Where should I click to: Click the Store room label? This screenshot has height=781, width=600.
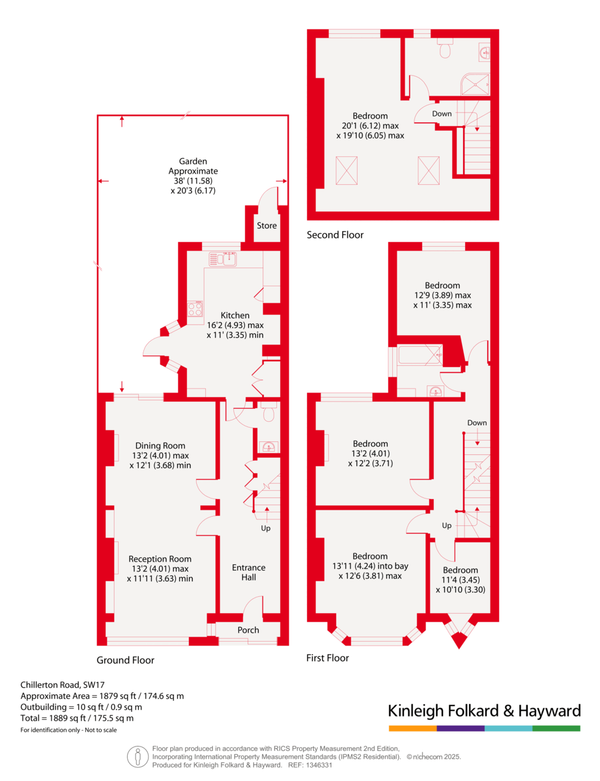pyautogui.click(x=266, y=226)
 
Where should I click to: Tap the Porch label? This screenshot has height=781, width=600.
pyautogui.click(x=248, y=630)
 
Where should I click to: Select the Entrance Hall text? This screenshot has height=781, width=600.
pyautogui.click(x=249, y=572)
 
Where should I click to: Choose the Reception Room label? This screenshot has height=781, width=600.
pyautogui.click(x=160, y=558)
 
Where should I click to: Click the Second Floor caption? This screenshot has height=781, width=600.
pyautogui.click(x=335, y=235)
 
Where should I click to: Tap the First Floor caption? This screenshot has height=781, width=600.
pyautogui.click(x=327, y=658)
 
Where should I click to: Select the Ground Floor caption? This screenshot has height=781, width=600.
pyautogui.click(x=126, y=660)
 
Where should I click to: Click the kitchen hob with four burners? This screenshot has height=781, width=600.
pyautogui.click(x=195, y=309)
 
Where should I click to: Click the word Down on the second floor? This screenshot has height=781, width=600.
pyautogui.click(x=442, y=114)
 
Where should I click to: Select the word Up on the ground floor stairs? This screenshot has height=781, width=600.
pyautogui.click(x=266, y=528)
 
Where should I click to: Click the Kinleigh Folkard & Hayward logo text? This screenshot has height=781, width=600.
pyautogui.click(x=484, y=710)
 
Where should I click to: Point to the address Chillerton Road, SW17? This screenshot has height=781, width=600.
pyautogui.click(x=62, y=685)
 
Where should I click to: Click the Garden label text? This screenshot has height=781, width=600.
pyautogui.click(x=193, y=161)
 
